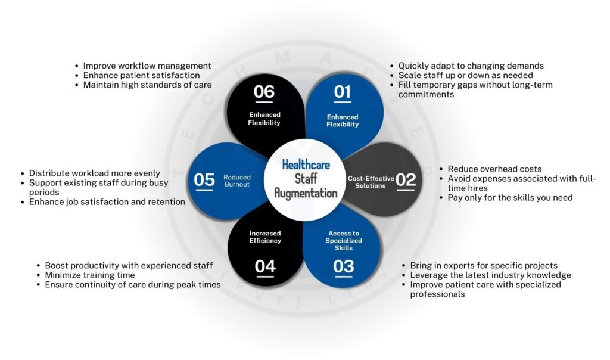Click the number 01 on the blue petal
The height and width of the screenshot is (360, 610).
pyautogui.click(x=343, y=92)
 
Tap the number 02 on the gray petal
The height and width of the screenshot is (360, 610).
pyautogui.click(x=406, y=179)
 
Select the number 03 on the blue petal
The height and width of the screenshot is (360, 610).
pyautogui.click(x=344, y=266)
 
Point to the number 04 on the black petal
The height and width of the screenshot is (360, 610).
pyautogui.click(x=264, y=266)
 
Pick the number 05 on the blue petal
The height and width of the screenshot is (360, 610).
pyautogui.click(x=204, y=179)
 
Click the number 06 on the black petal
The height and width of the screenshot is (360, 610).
pyautogui.click(x=264, y=92)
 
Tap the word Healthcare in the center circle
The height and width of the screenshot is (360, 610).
pyautogui.click(x=306, y=164)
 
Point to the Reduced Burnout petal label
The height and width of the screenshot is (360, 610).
pyautogui.click(x=237, y=181)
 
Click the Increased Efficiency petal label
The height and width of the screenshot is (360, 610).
pyautogui.click(x=264, y=237)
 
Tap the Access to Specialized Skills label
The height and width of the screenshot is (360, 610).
pyautogui.click(x=344, y=241)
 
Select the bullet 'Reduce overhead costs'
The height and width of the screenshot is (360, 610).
pyautogui.click(x=494, y=169)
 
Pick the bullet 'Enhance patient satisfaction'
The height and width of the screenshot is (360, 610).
pyautogui.click(x=141, y=75)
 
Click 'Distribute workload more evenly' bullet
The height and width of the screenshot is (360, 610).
pyautogui.click(x=95, y=173)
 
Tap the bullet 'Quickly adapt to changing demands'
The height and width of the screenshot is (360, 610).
pyautogui.click(x=471, y=66)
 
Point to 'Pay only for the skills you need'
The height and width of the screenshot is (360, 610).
pyautogui.click(x=510, y=197)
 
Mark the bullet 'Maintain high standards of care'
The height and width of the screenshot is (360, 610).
pyautogui.click(x=147, y=85)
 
